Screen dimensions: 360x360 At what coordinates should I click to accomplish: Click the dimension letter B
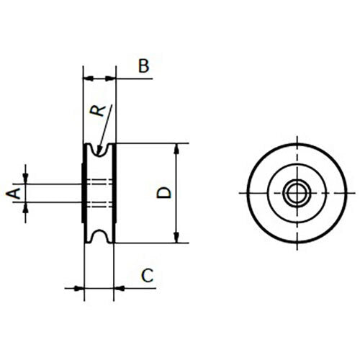[x=143, y=67]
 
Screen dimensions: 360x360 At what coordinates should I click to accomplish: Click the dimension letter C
[x=147, y=274]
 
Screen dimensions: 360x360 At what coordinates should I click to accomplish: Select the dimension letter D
[x=164, y=192]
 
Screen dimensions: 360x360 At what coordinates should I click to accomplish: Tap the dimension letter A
[x=12, y=192]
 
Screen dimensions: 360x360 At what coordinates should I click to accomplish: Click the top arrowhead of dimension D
[x=176, y=148]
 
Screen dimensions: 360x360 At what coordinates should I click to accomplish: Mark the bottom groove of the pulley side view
[x=100, y=236]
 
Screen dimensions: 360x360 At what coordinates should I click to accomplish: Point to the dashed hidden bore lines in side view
[x=100, y=192]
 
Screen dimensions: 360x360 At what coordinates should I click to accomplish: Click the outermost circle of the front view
[x=248, y=192]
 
